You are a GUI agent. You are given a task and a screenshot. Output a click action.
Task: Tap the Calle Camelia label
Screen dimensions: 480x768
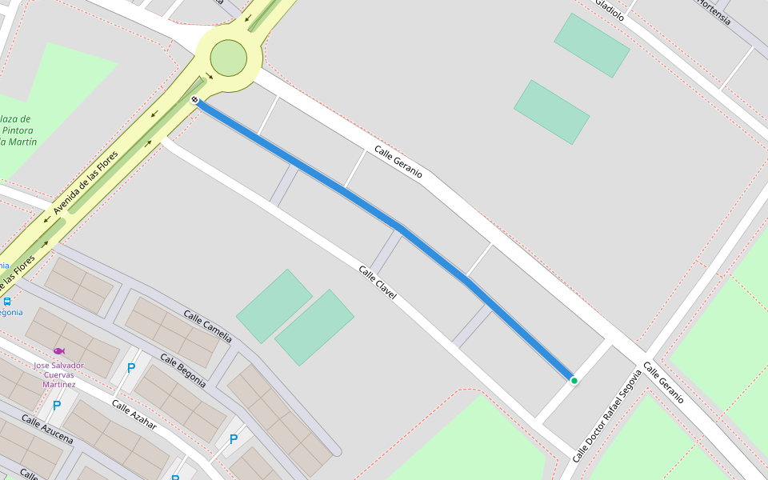pyautogui.click(x=207, y=326)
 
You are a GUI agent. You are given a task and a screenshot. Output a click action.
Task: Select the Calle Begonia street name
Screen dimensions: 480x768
pyautogui.click(x=183, y=370)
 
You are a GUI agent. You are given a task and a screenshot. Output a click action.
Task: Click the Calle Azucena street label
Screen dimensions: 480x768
pyautogui.click(x=47, y=430)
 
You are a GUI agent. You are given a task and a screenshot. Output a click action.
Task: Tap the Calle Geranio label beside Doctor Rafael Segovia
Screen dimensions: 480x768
pyautogui.click(x=663, y=382)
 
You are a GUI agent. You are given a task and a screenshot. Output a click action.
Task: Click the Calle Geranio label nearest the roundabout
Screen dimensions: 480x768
pyautogui.click(x=398, y=162)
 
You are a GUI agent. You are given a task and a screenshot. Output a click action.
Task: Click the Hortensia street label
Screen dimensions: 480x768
pyautogui.click(x=714, y=12)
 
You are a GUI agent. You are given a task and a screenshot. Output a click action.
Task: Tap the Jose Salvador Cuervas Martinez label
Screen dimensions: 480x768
pyautogui.click(x=58, y=375)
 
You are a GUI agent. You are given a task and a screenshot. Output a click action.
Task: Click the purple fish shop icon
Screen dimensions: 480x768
pyautogui.click(x=58, y=351)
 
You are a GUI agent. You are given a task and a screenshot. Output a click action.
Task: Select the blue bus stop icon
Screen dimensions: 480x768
pyautogui.click(x=7, y=302)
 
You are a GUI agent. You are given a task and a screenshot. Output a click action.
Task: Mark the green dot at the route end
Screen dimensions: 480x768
pyautogui.click(x=574, y=381)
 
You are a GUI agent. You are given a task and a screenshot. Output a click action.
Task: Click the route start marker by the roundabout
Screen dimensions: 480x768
pyautogui.click(x=195, y=100)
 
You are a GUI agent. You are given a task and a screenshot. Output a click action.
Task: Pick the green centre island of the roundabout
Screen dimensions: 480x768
pyautogui.click(x=228, y=58)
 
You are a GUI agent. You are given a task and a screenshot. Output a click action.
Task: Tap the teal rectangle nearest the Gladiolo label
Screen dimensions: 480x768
pyautogui.click(x=592, y=46)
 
